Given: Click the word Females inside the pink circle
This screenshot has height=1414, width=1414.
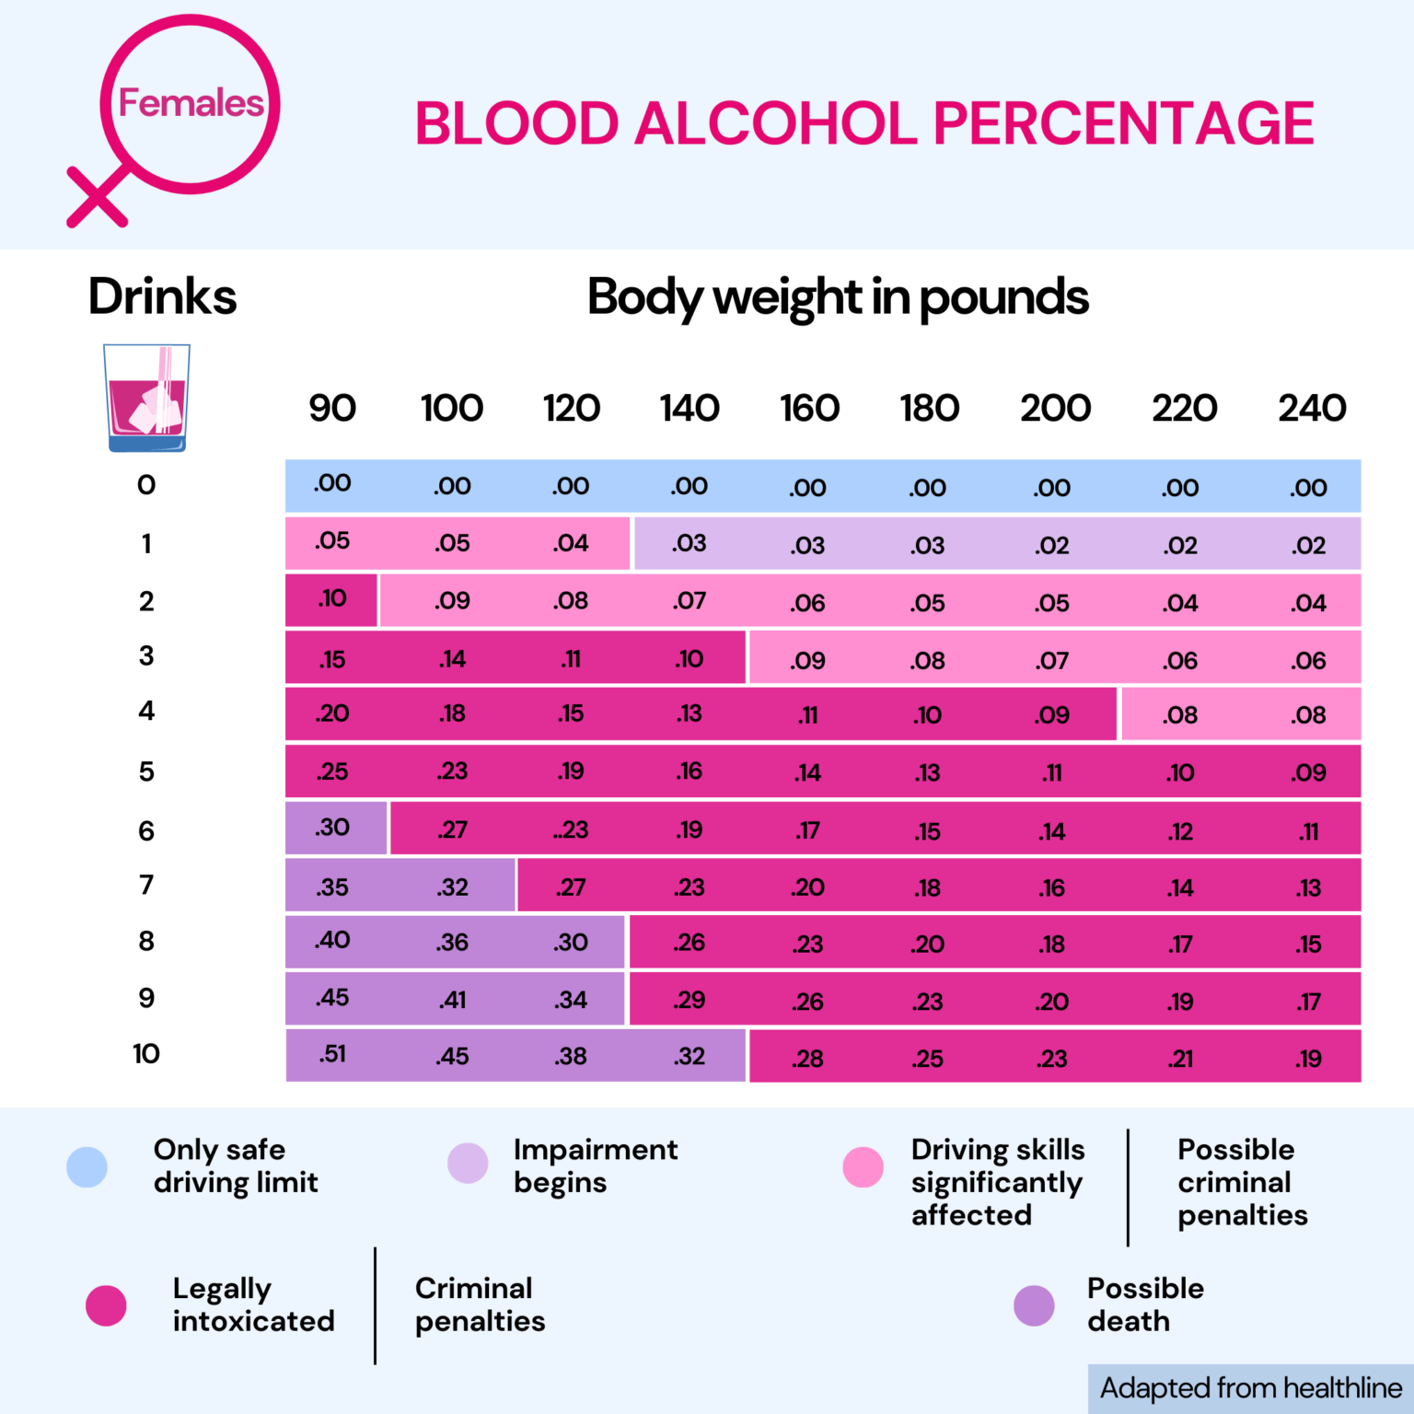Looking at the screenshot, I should pos(191,103).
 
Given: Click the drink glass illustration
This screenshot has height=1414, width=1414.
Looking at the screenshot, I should pos(147,398).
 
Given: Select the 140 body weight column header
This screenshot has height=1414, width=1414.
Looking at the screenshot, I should pos(690,408).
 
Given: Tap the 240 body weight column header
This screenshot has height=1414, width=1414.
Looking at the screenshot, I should pos(1312,408).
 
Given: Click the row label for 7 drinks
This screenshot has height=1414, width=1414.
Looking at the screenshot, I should pos(146,885).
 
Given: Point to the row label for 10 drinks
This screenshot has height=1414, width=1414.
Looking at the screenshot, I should pos(146,1053).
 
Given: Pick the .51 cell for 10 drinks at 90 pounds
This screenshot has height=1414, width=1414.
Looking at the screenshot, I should pos(332,1054).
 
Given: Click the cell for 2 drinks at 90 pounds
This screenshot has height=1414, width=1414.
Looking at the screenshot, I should pos(331,599).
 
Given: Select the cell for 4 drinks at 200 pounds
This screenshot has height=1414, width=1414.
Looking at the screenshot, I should pos(1052,715).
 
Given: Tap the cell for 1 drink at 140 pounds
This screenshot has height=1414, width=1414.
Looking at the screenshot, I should pos(690,543).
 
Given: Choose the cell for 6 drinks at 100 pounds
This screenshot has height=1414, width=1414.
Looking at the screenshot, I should pos(452,829).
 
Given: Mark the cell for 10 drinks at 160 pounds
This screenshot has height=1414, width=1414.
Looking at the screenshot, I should pos(807,1058).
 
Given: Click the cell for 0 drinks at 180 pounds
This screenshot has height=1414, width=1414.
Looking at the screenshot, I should pos(928,487).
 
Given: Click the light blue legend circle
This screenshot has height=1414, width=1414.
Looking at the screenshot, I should pos(87,1166).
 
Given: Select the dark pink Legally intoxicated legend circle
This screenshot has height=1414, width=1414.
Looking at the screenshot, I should pos(106,1305).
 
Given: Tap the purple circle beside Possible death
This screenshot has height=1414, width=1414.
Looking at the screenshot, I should pos(1034,1305).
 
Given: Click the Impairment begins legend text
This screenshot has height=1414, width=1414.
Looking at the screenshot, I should pos(595,1165).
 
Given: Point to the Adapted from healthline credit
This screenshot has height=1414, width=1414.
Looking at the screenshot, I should pos(1250,1387).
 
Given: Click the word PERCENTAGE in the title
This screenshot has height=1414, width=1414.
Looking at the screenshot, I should pos(1123,123).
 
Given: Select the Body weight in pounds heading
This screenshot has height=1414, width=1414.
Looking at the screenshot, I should pos(838,297).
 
